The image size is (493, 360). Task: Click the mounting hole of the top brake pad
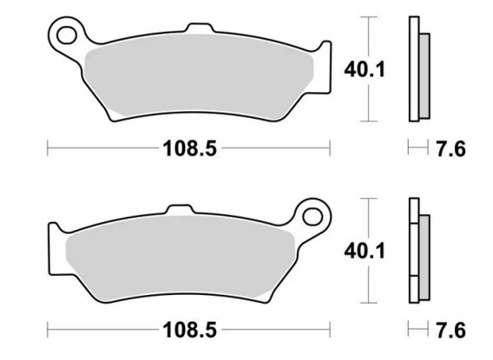coord(67,35)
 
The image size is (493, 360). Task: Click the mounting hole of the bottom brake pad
coord(312,217)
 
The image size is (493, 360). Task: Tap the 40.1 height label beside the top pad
coord(365,69)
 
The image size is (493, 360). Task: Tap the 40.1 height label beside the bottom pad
coord(365,252)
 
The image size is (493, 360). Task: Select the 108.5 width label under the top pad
coord(190,148)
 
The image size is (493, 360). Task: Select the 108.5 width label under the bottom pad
coord(190,331)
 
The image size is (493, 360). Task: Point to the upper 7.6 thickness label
coord(450,149)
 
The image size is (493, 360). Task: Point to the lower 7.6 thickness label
coord(450,331)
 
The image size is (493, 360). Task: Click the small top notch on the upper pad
coord(200,28)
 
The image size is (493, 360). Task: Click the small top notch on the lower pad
coord(179,209)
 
